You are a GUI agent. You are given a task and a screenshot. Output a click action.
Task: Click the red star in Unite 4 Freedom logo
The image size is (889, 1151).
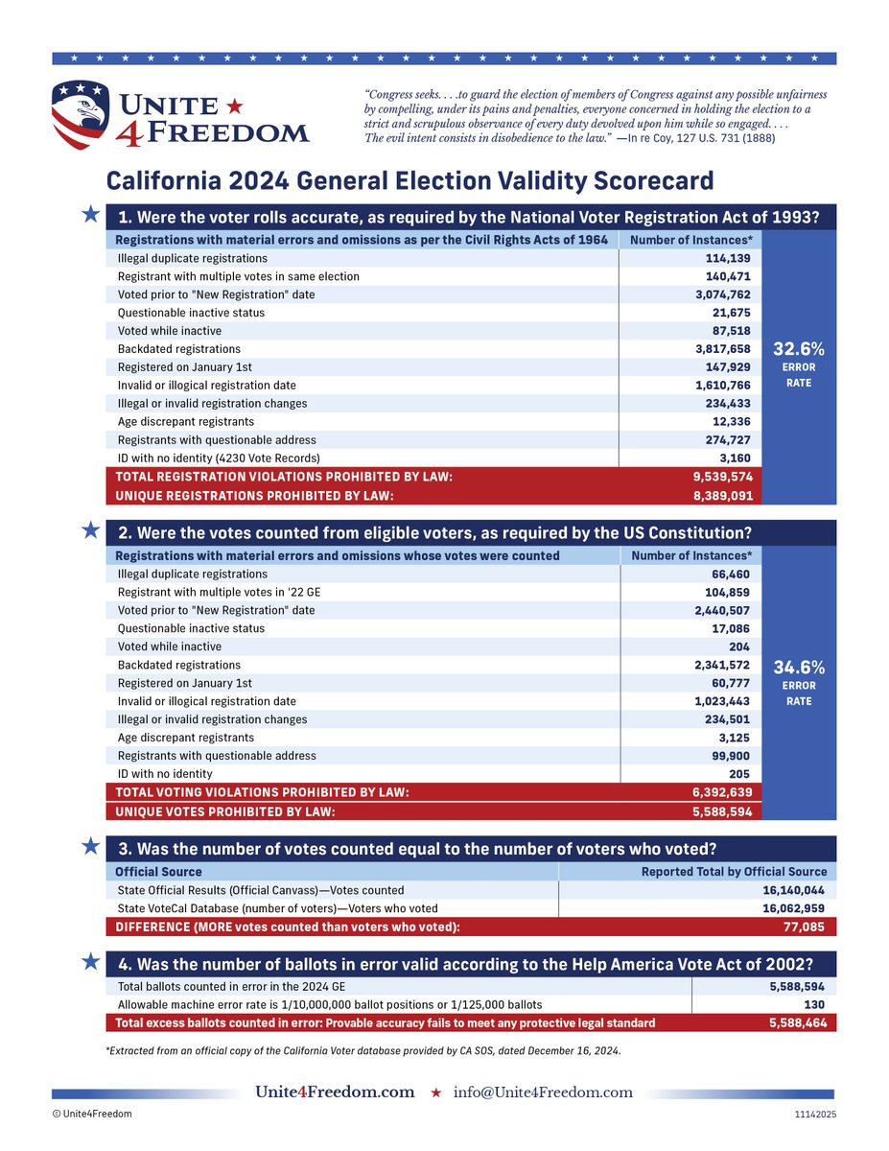235,104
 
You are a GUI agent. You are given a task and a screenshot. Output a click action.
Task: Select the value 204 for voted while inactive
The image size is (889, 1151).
750,646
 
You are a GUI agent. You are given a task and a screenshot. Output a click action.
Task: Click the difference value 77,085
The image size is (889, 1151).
804,928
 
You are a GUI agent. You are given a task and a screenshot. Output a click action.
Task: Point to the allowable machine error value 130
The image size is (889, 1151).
816,1004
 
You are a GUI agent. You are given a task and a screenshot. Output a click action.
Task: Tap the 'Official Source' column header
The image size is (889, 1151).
158,872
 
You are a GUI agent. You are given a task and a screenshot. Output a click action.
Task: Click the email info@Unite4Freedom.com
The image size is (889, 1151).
543,1092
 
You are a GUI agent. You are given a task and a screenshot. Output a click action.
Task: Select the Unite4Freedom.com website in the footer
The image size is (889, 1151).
335,1092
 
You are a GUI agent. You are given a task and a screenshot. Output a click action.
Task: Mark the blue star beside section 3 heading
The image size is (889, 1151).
90,847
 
